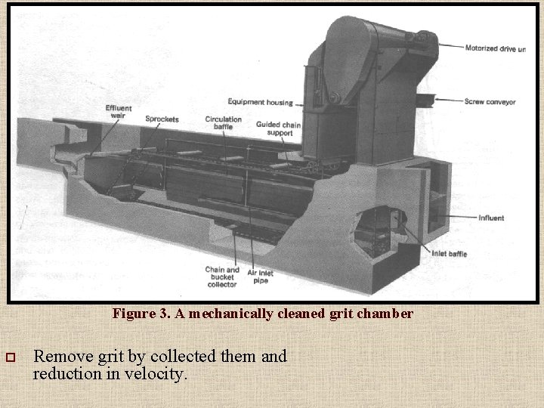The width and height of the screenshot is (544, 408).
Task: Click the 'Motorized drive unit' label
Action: (x=495, y=48)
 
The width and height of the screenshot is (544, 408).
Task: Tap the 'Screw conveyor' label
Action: (x=490, y=101)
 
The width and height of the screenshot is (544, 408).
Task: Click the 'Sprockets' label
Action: (x=162, y=119)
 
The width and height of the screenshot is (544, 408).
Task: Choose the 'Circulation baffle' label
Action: (x=223, y=123)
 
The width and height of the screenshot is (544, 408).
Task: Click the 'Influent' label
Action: (x=490, y=218)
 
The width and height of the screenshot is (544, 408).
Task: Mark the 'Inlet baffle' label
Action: (x=449, y=254)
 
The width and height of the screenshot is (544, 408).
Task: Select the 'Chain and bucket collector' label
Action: (x=222, y=277)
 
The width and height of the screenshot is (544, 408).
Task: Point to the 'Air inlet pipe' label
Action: (x=260, y=277)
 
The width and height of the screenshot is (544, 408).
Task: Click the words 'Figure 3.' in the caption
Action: (x=142, y=313)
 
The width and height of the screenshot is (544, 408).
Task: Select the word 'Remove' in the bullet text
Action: (x=64, y=356)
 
